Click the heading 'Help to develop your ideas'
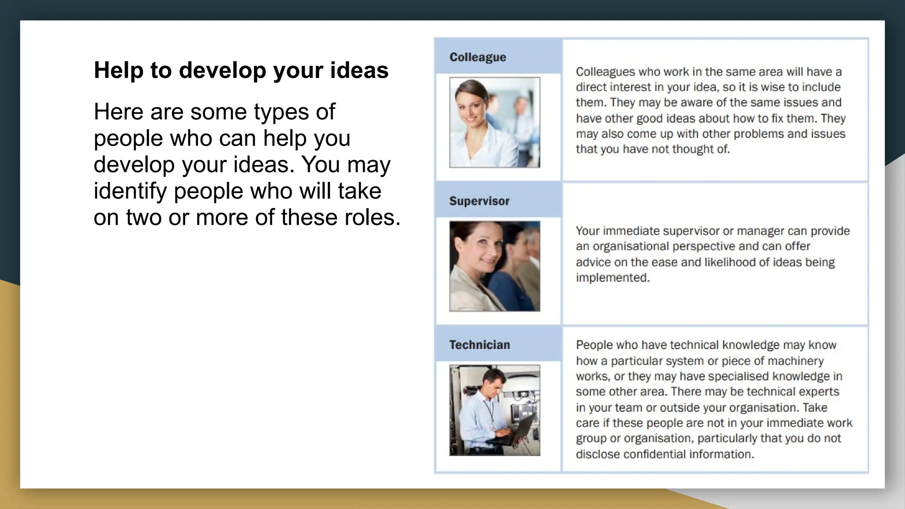pos(241,70)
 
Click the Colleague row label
pos(478,57)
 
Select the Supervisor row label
pos(479,201)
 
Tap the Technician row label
pos(479,345)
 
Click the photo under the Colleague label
pos(494,122)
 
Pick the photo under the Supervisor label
pos(494,266)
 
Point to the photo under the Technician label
pos(494,410)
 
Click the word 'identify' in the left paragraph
pos(130,191)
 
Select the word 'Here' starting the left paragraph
pos(118,111)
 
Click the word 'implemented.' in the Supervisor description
pos(612,277)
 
